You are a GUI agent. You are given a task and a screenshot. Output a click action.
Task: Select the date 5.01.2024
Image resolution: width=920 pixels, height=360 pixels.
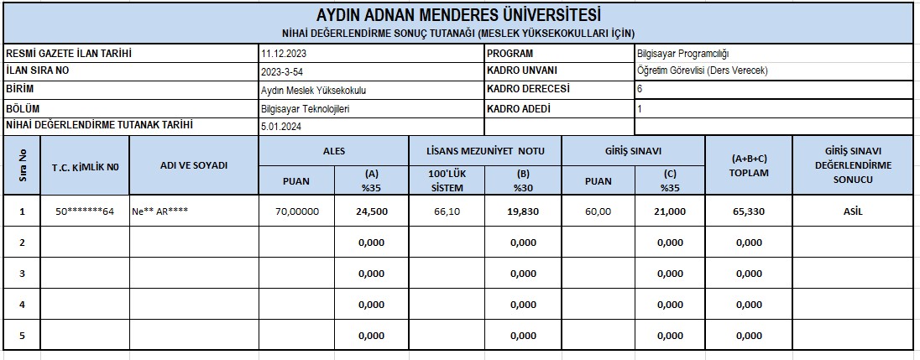point(280,127)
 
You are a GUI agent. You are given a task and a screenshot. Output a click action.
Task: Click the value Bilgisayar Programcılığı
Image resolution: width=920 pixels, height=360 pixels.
point(683,55)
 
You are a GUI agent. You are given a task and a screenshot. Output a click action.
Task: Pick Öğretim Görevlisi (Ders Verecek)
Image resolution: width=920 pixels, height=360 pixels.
point(703,71)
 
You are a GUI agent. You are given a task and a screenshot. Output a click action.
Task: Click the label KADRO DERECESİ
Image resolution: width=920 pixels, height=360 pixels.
point(528,89)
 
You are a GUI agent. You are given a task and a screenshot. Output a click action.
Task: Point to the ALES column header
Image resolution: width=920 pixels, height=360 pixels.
point(334,152)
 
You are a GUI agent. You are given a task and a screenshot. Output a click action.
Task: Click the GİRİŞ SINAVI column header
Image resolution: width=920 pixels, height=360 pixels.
point(634,152)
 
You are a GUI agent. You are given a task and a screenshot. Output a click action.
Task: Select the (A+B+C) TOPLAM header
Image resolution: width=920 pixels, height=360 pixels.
point(750,165)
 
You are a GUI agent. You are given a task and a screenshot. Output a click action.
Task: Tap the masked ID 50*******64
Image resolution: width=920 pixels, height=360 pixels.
point(85,212)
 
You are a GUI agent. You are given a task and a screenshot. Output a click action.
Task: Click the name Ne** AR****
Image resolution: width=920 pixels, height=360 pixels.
point(159,212)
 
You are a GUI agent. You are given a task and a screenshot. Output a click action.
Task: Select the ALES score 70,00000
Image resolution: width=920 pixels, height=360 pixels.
point(297,212)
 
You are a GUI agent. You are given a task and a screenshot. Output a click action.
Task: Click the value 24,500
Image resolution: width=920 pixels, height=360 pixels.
point(372,212)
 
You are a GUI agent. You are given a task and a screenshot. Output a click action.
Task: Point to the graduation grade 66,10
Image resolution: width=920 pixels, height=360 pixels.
point(447,212)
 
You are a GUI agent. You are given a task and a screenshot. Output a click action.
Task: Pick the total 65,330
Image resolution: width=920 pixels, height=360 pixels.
point(749,212)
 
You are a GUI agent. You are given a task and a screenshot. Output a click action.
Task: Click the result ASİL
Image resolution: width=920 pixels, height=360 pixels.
point(853,212)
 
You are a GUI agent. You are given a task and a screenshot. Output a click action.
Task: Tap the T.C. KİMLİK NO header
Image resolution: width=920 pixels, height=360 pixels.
point(85,166)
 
